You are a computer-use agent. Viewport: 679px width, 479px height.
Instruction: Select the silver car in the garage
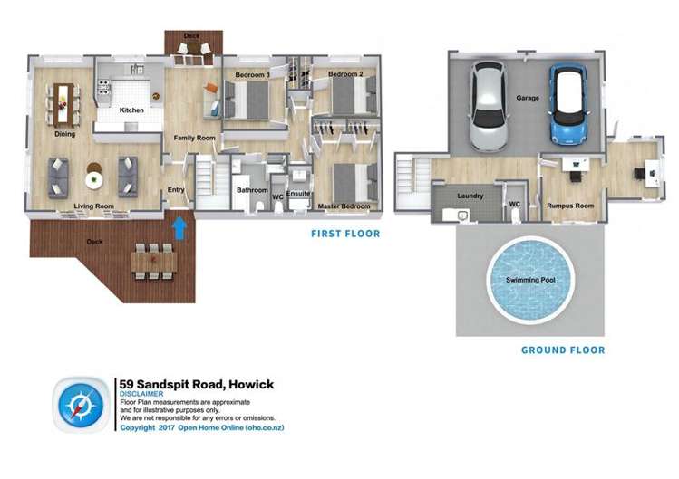488,106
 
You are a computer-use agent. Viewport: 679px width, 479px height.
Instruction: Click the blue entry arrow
179,225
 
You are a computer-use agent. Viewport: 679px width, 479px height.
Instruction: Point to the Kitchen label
131,110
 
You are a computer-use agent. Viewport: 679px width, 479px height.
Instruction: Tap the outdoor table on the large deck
152,261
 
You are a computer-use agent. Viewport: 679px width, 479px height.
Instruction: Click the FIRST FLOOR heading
344,234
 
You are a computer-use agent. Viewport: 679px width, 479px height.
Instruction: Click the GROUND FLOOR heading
562,350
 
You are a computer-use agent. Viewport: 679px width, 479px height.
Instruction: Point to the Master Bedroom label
344,206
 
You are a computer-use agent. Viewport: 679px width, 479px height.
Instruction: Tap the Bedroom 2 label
345,73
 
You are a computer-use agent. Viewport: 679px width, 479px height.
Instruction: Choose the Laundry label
470,196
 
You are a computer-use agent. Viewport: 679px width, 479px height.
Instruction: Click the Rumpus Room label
569,206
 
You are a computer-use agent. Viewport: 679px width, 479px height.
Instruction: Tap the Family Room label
193,138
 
